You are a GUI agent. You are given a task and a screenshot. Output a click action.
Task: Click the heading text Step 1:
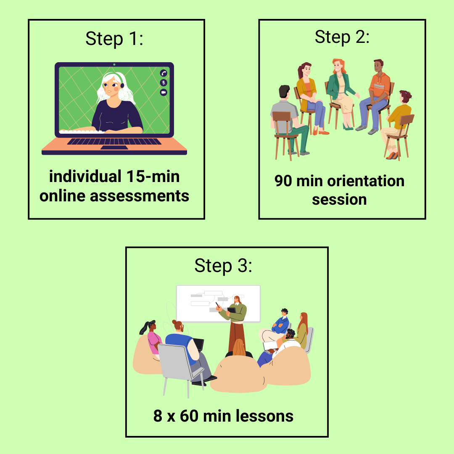point(114,39)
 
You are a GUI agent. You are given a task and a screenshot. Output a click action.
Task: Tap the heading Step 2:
point(342,37)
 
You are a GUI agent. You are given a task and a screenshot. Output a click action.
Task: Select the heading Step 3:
point(223,266)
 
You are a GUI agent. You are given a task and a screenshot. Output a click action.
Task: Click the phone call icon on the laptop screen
point(164,73)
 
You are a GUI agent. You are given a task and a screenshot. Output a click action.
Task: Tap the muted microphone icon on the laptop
point(164,83)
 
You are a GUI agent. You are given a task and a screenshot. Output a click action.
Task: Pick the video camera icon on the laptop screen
point(164,92)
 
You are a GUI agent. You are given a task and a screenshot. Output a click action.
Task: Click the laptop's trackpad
point(114,148)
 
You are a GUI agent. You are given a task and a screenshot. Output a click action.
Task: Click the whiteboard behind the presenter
point(218,304)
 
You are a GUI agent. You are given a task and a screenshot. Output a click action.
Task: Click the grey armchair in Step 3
point(179,368)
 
